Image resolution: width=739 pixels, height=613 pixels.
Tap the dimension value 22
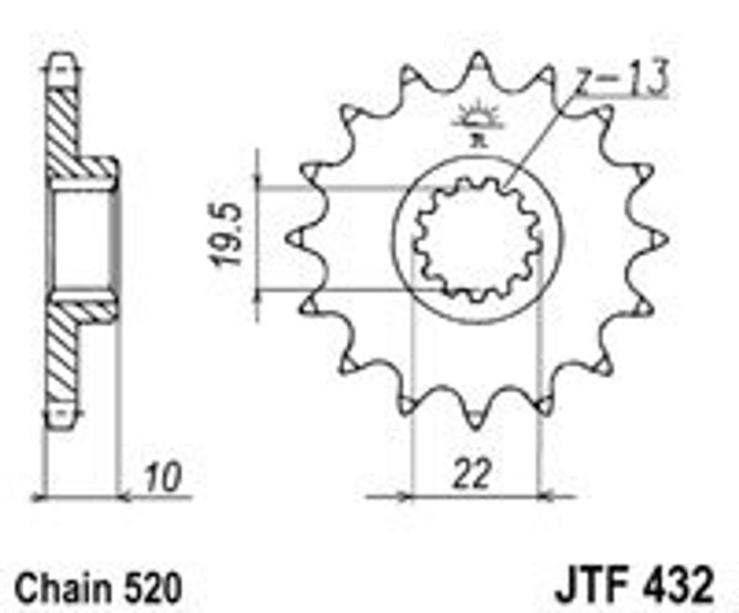pyautogui.click(x=471, y=474)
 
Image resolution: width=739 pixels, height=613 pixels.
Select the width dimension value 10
pyautogui.click(x=162, y=478)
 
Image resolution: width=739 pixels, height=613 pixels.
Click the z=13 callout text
pyautogui.click(x=623, y=77)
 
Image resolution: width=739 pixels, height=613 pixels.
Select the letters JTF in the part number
pyautogui.click(x=597, y=584)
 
